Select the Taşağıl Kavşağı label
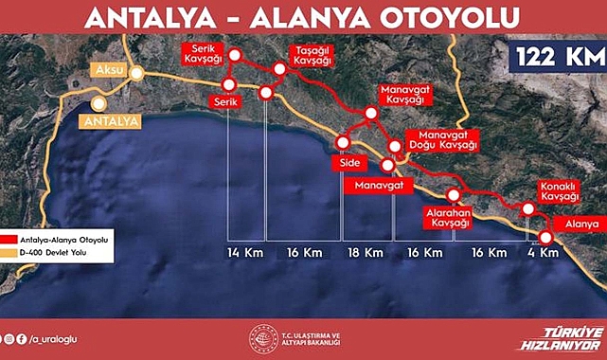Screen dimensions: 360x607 pos(313,54)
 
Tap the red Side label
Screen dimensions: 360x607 pos(342,163)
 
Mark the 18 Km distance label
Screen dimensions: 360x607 pos(366,254)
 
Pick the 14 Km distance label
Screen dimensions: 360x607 pos(245,254)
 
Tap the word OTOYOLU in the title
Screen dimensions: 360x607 pos(444,17)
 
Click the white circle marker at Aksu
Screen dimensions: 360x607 pos(138,72)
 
